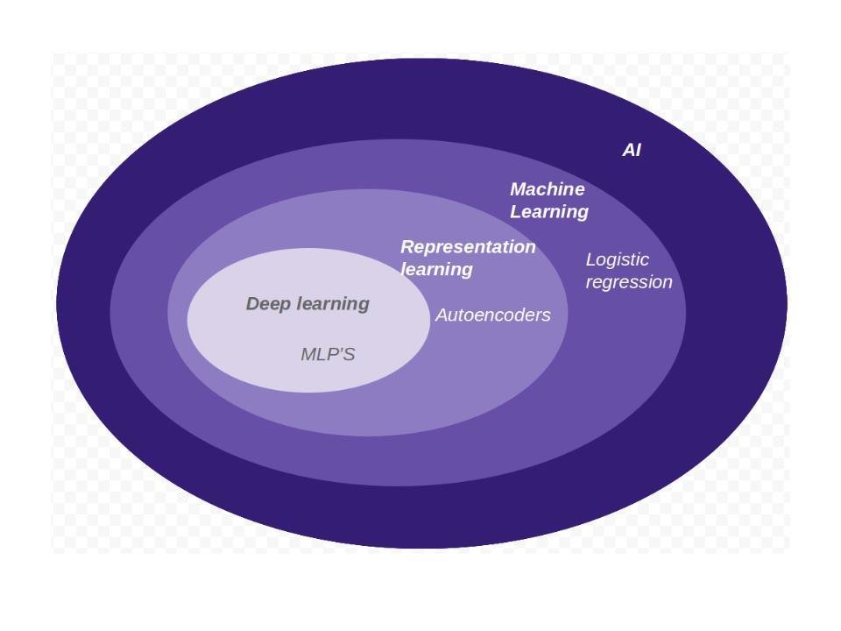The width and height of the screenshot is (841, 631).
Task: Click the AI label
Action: coord(632,150)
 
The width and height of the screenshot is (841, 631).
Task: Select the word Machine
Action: coord(547,189)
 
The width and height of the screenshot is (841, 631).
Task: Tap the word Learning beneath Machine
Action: coord(549,212)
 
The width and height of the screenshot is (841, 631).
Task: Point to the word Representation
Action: coord(468,247)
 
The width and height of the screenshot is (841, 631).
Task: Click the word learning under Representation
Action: coord(436,269)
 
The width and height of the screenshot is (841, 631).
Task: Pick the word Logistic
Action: coord(617,259)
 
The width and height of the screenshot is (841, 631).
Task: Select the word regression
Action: coord(629,282)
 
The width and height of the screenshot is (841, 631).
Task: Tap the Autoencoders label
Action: coord(492,315)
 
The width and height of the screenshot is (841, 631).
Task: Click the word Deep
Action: coord(265,304)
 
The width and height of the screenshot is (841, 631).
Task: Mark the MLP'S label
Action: coord(328,354)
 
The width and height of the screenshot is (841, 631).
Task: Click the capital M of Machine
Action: coord(519,189)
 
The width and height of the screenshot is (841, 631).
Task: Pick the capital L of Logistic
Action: coord(590,259)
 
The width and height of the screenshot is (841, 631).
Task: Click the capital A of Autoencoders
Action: coord(442,315)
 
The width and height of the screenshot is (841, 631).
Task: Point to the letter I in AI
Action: coord(638,150)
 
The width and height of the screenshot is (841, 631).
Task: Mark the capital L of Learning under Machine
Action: coord(515,212)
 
